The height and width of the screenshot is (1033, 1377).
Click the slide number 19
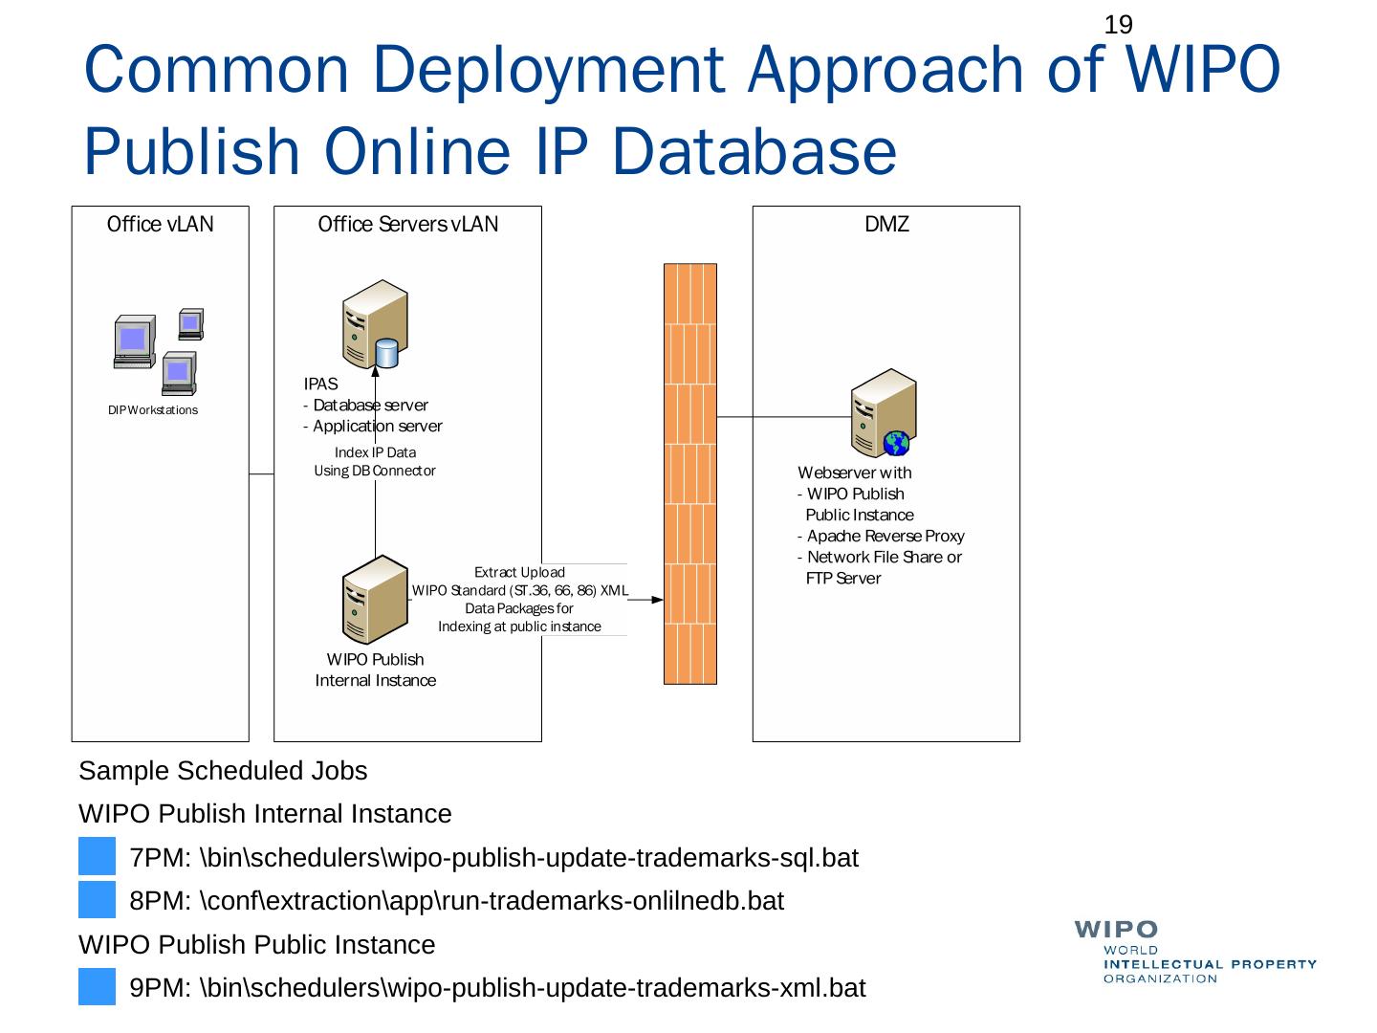coord(1118,25)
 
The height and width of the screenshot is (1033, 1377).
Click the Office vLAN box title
coord(160,225)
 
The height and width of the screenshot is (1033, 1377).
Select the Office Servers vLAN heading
coord(407,225)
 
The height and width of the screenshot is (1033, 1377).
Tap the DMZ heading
coord(886,225)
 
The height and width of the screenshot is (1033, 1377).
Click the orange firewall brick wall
coord(689,473)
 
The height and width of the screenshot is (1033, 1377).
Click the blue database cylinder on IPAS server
coord(386,354)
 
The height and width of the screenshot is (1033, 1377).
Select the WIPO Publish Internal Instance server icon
coord(374,600)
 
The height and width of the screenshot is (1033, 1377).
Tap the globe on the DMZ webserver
coord(897,443)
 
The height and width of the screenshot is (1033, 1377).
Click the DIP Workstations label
coord(153,410)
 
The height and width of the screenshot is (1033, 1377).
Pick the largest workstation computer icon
coord(134,341)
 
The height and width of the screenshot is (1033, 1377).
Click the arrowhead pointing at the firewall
coord(657,600)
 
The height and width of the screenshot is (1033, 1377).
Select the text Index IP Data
coord(375,452)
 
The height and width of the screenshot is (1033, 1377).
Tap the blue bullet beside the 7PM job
coord(97,857)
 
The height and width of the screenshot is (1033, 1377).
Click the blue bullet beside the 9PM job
coord(97,987)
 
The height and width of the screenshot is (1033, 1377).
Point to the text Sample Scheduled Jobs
coord(223,771)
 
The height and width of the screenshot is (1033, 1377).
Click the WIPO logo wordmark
coord(1117,929)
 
